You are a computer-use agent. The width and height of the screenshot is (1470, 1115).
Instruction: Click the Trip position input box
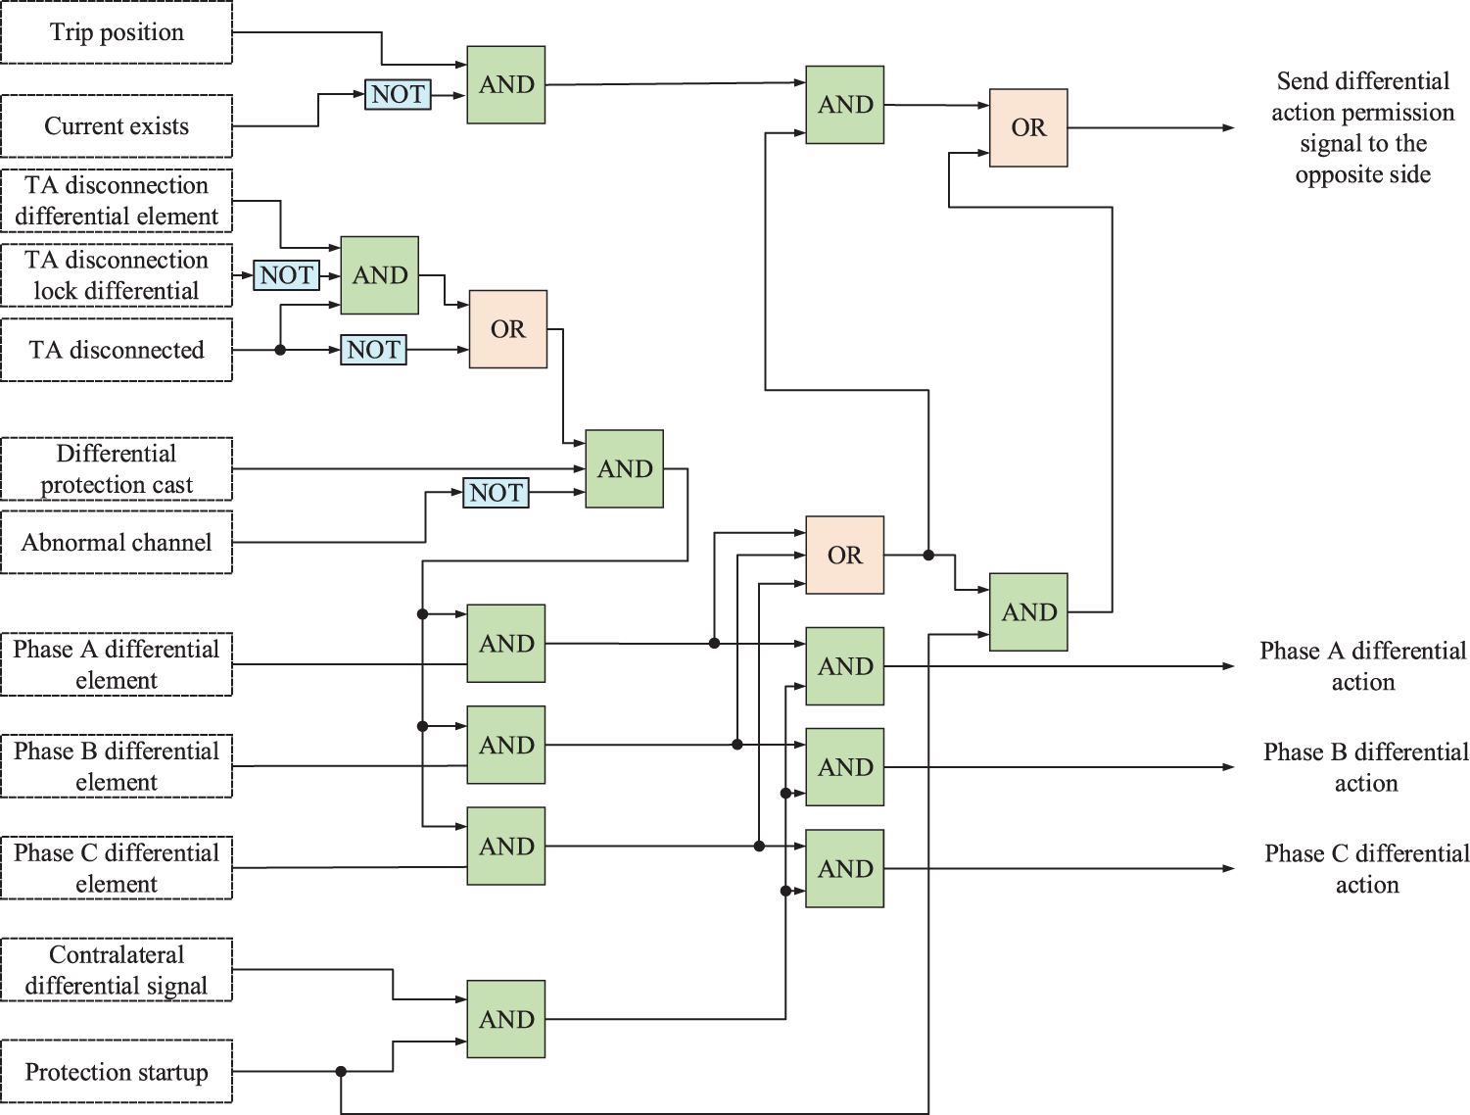coord(117,32)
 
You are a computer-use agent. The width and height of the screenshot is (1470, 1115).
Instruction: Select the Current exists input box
coord(117,126)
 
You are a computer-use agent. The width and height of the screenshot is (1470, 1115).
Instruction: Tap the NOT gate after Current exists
coord(398,95)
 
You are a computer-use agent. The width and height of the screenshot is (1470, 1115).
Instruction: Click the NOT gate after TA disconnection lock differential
coord(286,275)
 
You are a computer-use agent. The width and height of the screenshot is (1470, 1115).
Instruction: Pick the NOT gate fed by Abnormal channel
coord(496,493)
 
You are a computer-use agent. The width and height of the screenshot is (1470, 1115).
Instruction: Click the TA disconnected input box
coord(117,350)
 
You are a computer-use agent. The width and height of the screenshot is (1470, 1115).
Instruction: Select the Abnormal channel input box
coord(117,543)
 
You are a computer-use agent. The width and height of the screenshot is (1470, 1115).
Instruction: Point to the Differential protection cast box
coord(117,469)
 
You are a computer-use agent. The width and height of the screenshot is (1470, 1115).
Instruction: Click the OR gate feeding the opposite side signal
coord(1028,128)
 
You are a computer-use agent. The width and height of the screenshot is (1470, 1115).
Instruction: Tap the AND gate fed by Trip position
coord(506,85)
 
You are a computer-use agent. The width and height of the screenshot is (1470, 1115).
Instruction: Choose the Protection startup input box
coord(117,1072)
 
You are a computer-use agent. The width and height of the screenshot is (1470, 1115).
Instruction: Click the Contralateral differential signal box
coord(117,970)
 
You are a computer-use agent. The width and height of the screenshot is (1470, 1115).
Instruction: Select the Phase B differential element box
coord(117,766)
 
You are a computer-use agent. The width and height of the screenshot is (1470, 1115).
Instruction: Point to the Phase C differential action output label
coord(1366,869)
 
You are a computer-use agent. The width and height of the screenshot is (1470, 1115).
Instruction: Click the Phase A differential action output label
coord(1362,666)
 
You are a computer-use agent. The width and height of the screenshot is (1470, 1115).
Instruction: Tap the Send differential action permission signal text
coord(1362,128)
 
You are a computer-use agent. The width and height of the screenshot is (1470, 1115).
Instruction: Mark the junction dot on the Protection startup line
coord(341,1072)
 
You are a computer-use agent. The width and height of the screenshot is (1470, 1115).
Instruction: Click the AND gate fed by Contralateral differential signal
coord(506,1020)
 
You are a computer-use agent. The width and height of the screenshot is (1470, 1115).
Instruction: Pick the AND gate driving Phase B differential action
coord(845,767)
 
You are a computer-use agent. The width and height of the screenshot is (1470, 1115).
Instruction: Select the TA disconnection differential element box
coord(117,201)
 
